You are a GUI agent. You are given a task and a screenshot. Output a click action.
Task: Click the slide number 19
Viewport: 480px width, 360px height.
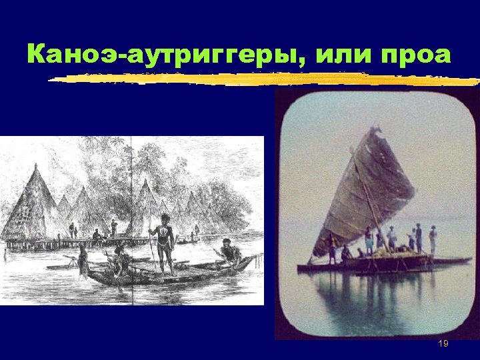tap(443, 343)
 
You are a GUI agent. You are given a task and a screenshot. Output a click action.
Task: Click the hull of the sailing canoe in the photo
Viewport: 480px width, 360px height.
tap(373, 265)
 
